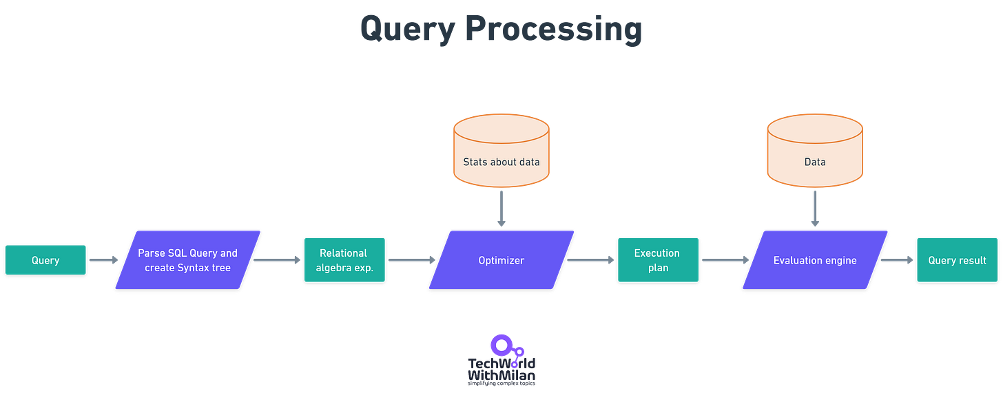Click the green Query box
[x=45, y=259]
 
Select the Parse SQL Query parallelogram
[x=187, y=260]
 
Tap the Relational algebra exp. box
[x=344, y=260]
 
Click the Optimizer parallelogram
[x=501, y=260]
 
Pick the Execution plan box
[x=659, y=260]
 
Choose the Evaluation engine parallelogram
[x=815, y=260]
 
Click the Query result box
[x=958, y=260]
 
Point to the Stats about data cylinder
[x=501, y=151]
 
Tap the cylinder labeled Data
[x=815, y=151]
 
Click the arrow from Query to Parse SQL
[x=104, y=259]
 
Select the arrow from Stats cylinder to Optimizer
[x=501, y=209]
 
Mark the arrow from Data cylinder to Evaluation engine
[x=815, y=209]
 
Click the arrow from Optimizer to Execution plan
[x=590, y=259]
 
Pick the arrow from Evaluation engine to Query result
[x=897, y=259]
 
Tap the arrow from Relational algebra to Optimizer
[x=412, y=259]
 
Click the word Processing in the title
[x=554, y=29]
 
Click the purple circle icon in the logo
[x=501, y=346]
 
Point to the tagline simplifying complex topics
[x=501, y=383]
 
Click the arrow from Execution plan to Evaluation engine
[x=725, y=259]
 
